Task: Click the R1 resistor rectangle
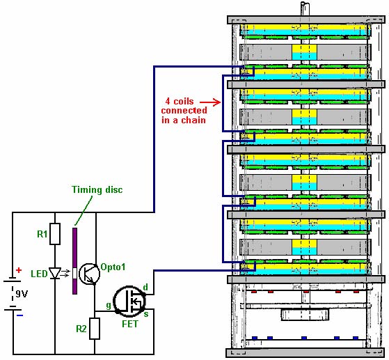point(55,234)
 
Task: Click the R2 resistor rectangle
point(95,329)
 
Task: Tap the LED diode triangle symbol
point(55,273)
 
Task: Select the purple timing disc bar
point(74,261)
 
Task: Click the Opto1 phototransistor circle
point(89,274)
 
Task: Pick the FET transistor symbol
point(129,302)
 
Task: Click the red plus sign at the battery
point(19,270)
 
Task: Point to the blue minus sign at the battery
point(20,315)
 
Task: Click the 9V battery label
point(22,294)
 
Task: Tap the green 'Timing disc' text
point(97,190)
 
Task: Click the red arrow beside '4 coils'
point(210,102)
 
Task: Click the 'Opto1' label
point(113,267)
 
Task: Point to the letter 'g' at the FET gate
point(109,306)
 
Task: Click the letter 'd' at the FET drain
point(145,287)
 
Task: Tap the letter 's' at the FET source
point(146,314)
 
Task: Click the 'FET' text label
point(130,324)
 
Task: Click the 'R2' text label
point(81,329)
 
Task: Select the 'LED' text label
point(39,274)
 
